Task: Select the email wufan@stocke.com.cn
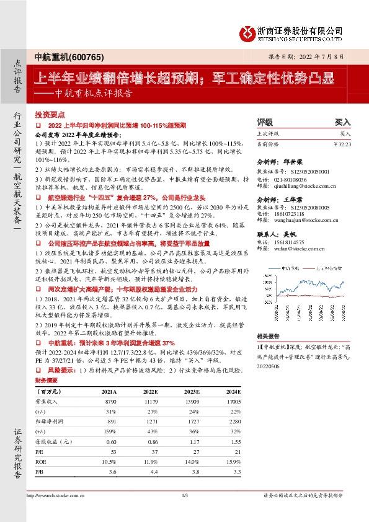point(292,248)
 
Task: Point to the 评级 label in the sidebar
point(264,123)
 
